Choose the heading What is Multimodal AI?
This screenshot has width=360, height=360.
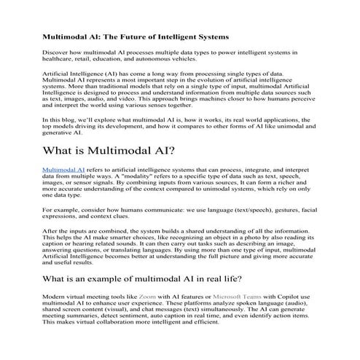point(108,152)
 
